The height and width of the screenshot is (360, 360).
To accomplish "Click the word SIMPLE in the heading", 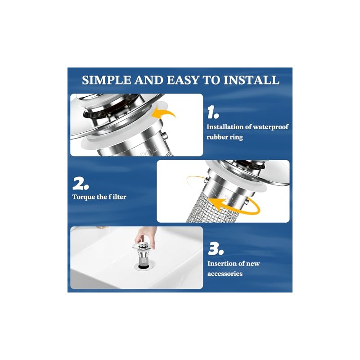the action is [106, 80].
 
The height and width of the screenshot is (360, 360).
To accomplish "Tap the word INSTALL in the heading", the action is [251, 80].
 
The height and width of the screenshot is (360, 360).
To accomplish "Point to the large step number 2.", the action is [81, 184].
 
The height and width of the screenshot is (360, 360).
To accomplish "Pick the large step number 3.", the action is [216, 249].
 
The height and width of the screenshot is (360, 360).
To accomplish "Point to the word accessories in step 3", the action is [225, 274].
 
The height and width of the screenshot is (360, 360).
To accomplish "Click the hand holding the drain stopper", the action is [144, 235].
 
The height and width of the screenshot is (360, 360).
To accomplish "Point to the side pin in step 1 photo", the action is [164, 136].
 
